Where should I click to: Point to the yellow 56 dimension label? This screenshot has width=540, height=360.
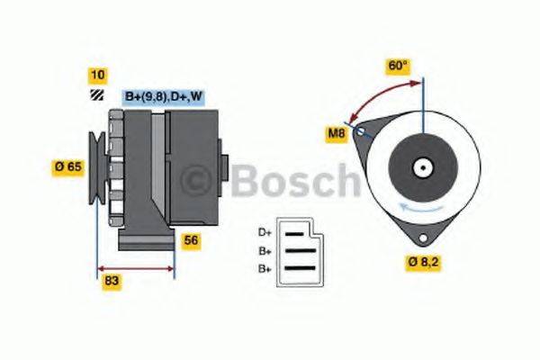click(x=191, y=239)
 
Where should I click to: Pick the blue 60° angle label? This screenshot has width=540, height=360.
click(x=398, y=66)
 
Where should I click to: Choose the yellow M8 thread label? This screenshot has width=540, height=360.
click(x=336, y=135)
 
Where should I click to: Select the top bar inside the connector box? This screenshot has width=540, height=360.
click(x=294, y=233)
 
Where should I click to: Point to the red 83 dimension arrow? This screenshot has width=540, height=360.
click(x=135, y=268)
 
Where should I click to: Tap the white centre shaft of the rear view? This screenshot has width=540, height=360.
click(x=421, y=167)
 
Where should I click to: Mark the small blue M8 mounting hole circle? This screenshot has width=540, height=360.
click(x=362, y=131)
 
